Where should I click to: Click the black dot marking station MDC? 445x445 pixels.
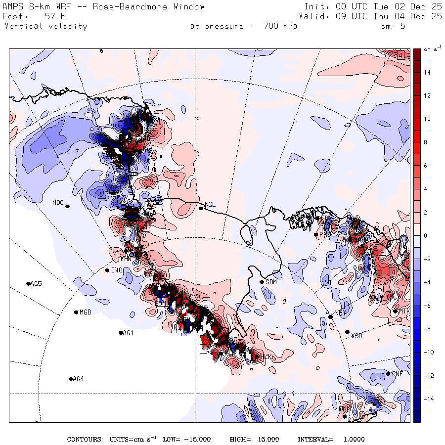click(x=67, y=206)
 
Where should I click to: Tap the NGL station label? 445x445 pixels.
click(x=211, y=204)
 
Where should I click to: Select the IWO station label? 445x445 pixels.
click(x=117, y=270)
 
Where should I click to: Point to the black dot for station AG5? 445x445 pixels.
click(x=28, y=283)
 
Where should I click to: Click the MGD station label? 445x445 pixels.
click(x=86, y=312)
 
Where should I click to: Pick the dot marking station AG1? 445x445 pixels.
click(x=121, y=333)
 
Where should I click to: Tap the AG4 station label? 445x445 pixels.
click(x=78, y=379)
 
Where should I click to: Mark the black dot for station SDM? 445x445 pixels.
click(x=262, y=282)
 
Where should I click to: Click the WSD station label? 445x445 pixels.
click(x=356, y=336)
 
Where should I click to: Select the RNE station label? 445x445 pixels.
click(x=398, y=374)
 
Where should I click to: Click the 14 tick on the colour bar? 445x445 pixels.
click(x=426, y=73)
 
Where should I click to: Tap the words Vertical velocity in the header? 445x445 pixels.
click(x=45, y=26)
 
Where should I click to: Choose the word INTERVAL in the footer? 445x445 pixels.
click(x=315, y=440)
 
